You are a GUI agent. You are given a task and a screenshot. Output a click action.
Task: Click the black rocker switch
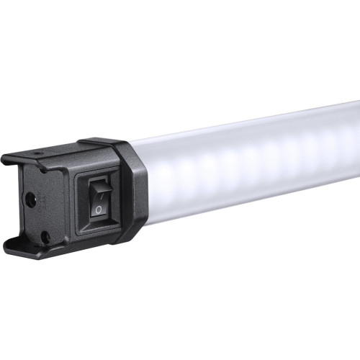point(99,198)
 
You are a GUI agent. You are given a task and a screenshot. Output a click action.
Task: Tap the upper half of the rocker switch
point(100,188)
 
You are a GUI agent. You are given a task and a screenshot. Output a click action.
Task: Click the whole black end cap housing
point(72,194)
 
